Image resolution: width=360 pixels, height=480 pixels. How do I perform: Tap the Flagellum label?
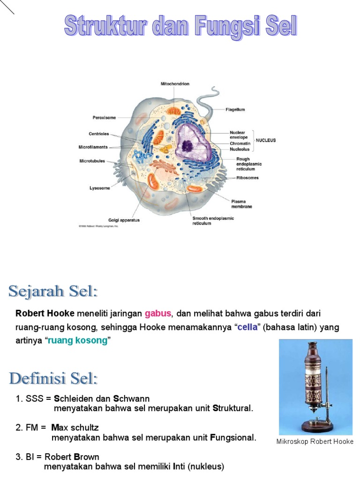(x=235, y=109)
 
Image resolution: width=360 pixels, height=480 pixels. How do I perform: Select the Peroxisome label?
(x=104, y=118)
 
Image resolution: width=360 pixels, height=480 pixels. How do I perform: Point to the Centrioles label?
(x=98, y=134)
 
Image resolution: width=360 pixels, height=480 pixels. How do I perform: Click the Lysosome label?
(x=100, y=188)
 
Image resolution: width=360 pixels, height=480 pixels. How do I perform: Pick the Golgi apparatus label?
(x=124, y=220)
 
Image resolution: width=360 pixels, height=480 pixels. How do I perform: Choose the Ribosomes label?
(x=247, y=178)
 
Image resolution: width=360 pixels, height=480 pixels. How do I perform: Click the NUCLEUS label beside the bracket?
(x=265, y=140)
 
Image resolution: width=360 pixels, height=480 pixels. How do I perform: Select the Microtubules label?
(x=92, y=161)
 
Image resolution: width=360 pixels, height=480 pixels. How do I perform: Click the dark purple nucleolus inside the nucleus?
(x=188, y=146)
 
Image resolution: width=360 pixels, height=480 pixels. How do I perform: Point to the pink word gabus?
(x=158, y=313)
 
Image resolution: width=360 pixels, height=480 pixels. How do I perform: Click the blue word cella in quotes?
(x=247, y=327)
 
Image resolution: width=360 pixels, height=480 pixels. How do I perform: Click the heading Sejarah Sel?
(x=53, y=292)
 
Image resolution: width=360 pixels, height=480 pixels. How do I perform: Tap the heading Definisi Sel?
(x=53, y=378)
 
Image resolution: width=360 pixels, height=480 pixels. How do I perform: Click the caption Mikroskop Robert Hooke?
(x=315, y=442)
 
